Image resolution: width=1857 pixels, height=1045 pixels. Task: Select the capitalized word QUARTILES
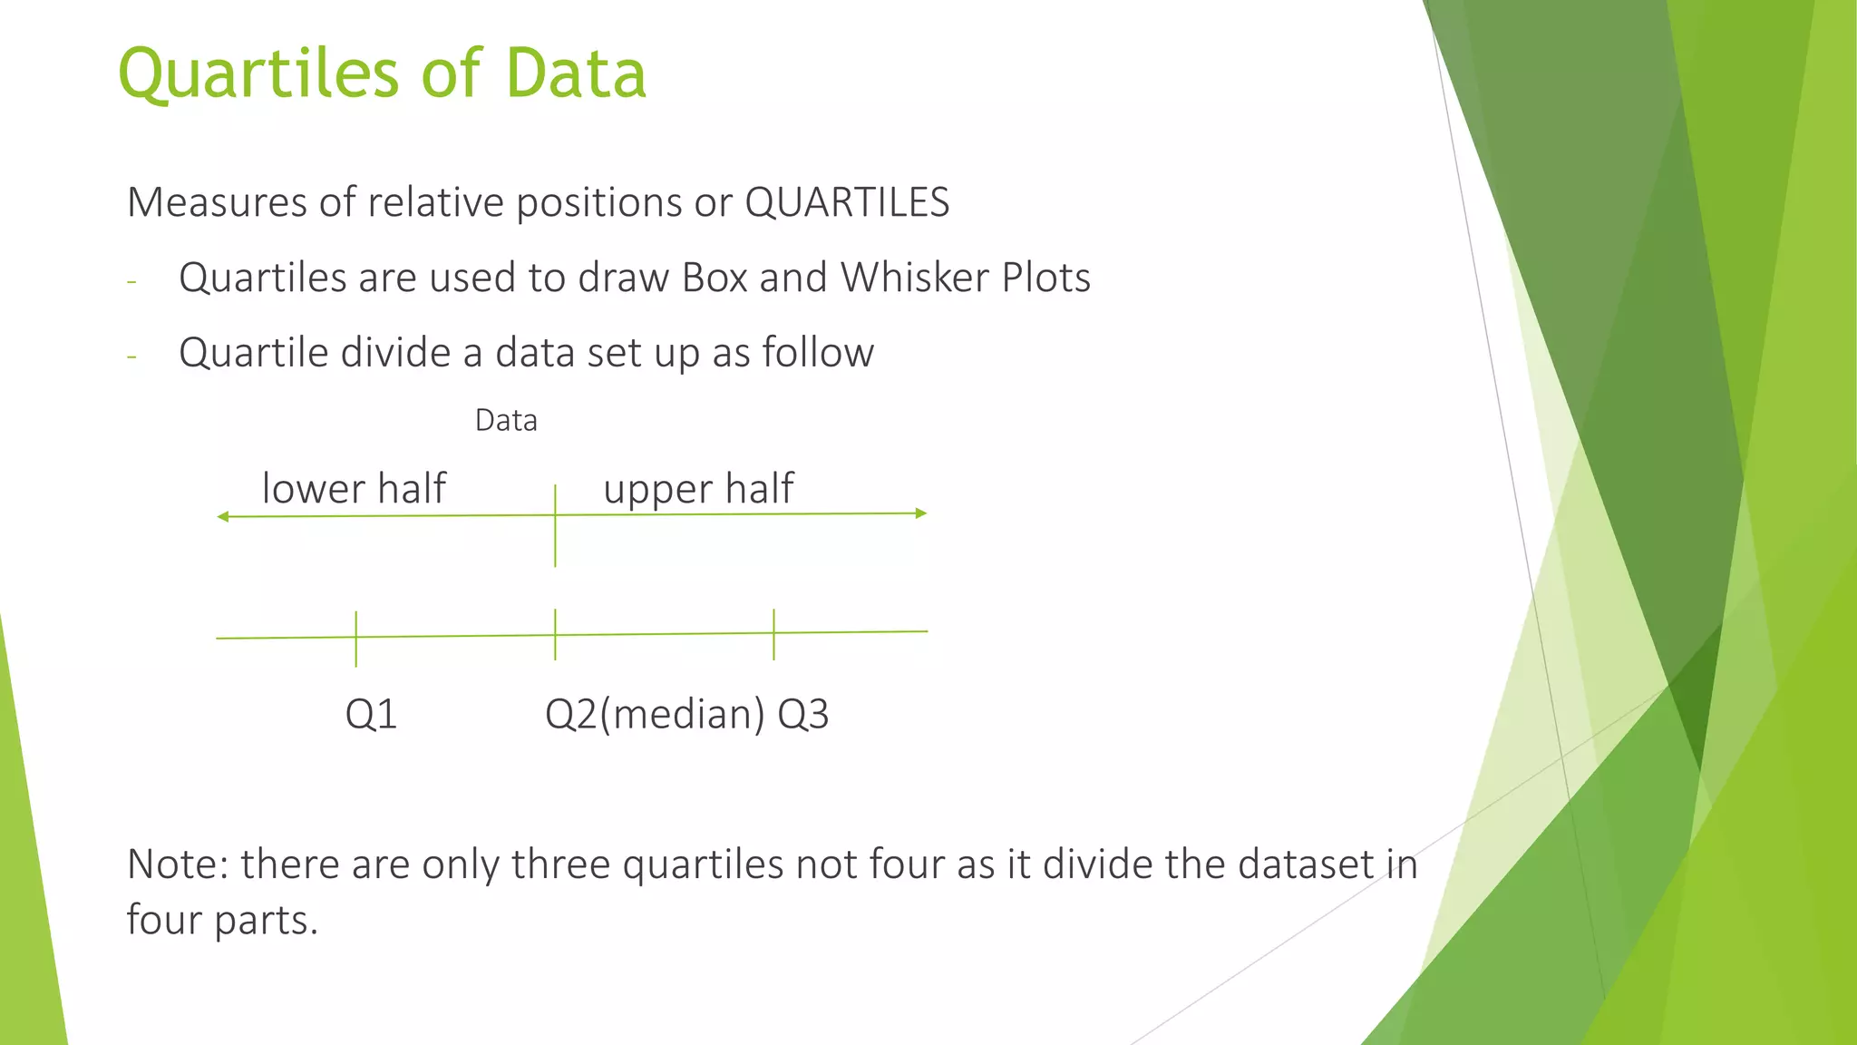point(847,202)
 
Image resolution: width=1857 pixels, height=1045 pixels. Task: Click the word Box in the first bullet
point(715,278)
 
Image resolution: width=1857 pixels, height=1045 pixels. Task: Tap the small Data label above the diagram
point(506,421)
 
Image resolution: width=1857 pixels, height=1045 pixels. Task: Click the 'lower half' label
point(354,488)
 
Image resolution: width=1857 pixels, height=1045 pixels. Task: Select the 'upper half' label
point(698,489)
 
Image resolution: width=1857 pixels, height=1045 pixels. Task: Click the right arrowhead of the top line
point(921,513)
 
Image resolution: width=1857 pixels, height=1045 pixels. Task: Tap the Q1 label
point(371,715)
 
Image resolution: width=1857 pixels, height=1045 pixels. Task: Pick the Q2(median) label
point(655,715)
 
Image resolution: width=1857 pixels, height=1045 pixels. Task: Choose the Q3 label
point(803,715)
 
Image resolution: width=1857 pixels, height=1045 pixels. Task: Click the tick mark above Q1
point(356,638)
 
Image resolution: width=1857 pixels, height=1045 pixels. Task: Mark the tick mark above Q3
point(773,633)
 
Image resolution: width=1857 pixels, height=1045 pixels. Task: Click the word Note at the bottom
point(176,864)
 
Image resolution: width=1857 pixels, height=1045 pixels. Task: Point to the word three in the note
point(560,864)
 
